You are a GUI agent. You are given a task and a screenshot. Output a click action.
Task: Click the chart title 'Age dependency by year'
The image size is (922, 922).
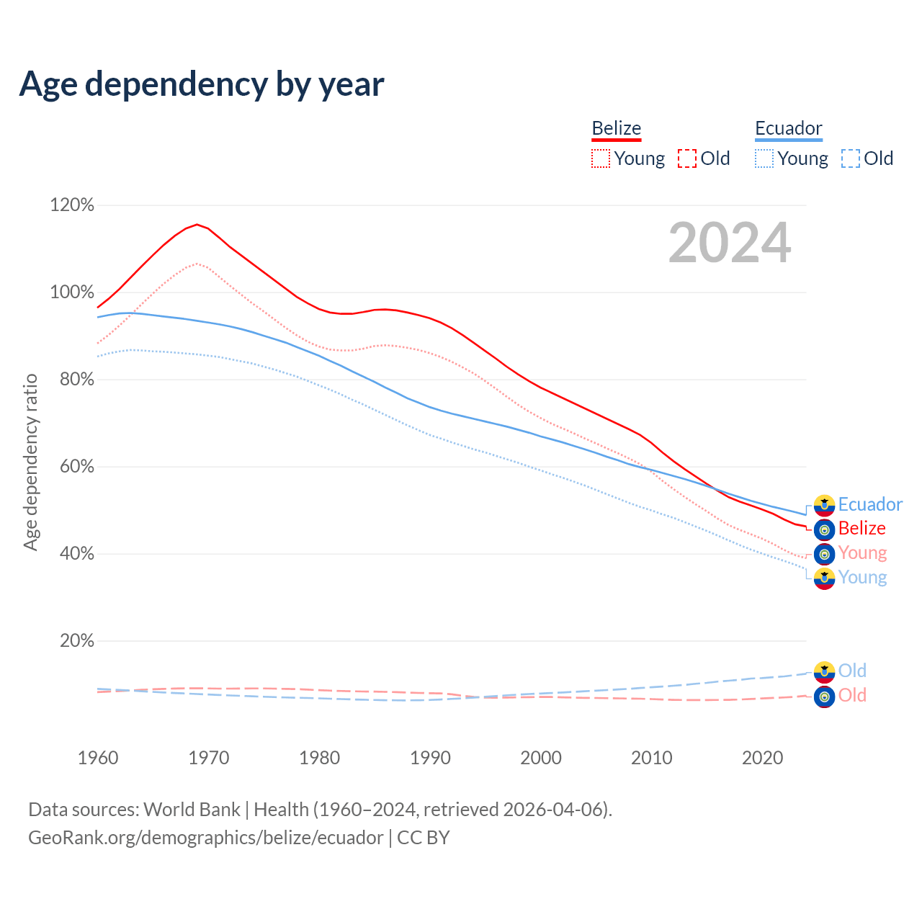[202, 84]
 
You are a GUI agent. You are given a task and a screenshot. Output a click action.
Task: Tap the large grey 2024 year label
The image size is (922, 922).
[730, 243]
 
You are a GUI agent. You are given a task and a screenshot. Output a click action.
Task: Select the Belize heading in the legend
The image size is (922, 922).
[616, 128]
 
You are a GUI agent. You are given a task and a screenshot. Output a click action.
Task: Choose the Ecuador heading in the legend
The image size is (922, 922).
[788, 128]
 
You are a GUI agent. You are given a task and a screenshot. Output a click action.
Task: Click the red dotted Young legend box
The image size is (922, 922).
[600, 158]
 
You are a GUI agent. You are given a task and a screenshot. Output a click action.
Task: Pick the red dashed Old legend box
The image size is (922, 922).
[686, 158]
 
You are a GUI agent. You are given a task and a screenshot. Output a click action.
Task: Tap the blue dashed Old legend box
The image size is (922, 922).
[850, 158]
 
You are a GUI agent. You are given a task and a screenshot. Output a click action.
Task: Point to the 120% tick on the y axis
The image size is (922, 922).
[72, 205]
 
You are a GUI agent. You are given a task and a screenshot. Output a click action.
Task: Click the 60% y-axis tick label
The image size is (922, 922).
[76, 467]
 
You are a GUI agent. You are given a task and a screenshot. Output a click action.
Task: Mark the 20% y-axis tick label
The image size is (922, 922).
[76, 641]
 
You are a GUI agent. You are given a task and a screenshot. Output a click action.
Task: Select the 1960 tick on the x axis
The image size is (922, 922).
[98, 758]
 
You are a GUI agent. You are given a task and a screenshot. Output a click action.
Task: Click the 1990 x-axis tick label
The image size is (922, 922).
[430, 758]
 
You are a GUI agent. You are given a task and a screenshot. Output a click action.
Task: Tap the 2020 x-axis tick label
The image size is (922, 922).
[762, 758]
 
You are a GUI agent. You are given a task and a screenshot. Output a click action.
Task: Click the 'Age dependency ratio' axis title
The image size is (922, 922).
[30, 462]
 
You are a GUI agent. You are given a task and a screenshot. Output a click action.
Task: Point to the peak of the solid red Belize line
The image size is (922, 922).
[197, 224]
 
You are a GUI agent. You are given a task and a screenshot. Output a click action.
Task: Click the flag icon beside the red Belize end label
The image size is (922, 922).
[824, 529]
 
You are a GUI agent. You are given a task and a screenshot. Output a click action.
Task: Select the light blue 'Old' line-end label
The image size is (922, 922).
[852, 671]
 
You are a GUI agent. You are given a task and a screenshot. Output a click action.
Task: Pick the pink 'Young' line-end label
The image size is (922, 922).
[862, 552]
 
